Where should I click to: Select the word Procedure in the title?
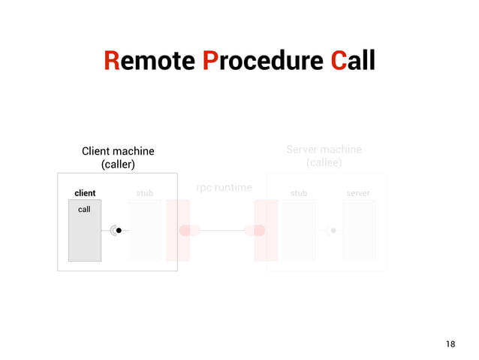(262, 60)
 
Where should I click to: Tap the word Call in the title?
(353, 60)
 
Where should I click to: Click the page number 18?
(450, 344)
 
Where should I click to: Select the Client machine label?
(118, 151)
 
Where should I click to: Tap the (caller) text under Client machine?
(118, 164)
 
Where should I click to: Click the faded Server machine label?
(324, 149)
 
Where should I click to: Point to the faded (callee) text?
(324, 162)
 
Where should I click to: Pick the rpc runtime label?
(224, 186)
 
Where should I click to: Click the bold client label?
(85, 193)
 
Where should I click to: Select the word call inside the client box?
(84, 209)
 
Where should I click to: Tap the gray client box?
(84, 237)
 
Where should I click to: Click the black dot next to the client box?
(119, 231)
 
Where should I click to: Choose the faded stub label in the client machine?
(145, 193)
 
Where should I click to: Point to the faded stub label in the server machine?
(299, 193)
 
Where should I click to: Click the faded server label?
(358, 193)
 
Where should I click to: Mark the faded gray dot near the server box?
(333, 231)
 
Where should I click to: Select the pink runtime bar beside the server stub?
(266, 230)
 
